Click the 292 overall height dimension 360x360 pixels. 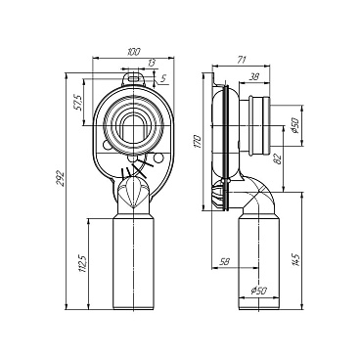[x=60, y=178]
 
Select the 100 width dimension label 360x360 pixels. [x=134, y=51]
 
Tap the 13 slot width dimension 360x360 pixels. [x=151, y=63]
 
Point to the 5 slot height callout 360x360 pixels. [x=163, y=78]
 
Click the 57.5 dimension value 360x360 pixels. [x=77, y=103]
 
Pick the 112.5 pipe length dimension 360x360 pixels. [x=83, y=263]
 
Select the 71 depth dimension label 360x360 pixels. [x=242, y=60]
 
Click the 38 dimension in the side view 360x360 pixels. [x=254, y=77]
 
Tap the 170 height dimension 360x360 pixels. [x=199, y=142]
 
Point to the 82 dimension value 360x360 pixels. [x=278, y=158]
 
